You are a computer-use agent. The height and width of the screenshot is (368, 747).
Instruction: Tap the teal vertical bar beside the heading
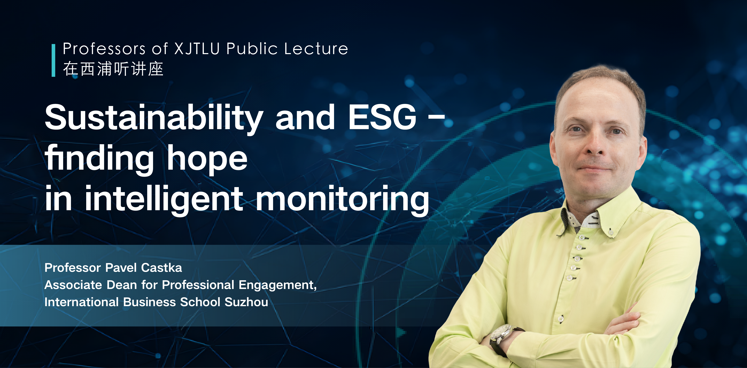point(53,60)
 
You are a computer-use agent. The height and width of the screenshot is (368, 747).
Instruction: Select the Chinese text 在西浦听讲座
point(113,69)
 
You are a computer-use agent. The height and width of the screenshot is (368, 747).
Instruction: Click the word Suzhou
point(246,302)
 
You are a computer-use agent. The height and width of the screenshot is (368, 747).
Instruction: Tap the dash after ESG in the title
point(436,118)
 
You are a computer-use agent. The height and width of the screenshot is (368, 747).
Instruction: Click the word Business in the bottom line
point(150,302)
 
